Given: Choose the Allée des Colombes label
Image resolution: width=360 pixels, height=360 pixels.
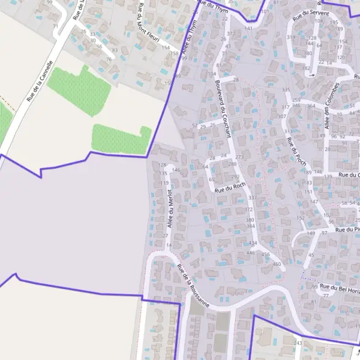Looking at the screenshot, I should pyautogui.click(x=332, y=106).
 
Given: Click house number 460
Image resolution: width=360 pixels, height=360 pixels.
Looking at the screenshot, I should pyautogui.click(x=277, y=264).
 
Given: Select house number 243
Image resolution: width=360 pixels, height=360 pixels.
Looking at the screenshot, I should pyautogui.click(x=298, y=343).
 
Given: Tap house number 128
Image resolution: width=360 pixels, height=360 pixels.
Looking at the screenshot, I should pyautogui.click(x=161, y=165).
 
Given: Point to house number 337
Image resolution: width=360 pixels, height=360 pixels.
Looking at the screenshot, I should pyautogui.click(x=252, y=197).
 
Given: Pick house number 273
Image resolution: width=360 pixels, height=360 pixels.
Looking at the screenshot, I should pyautogui.click(x=239, y=157).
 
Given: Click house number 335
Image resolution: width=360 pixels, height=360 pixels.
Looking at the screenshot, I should pyautogui.click(x=286, y=89).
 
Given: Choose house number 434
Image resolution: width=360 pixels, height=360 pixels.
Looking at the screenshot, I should pyautogui.click(x=253, y=243).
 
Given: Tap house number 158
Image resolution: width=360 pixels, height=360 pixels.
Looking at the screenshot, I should pyautogui.click(x=174, y=53).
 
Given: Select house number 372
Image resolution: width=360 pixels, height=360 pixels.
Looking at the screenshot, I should pyautogui.click(x=248, y=209).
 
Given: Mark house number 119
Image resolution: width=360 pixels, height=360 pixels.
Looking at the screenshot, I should pyautogui.click(x=164, y=183).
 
